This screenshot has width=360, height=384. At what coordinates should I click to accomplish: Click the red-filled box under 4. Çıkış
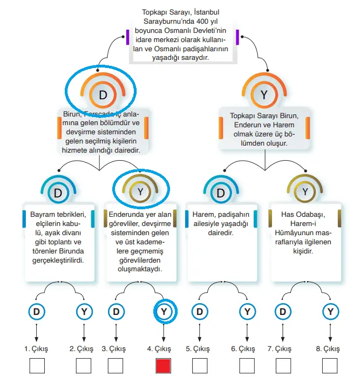164,366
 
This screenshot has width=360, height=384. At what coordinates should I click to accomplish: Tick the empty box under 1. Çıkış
37,366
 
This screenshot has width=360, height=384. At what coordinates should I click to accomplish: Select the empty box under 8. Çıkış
330,366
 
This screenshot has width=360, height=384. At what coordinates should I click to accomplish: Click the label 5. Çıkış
197,349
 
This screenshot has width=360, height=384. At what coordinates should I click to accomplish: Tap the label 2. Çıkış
81,349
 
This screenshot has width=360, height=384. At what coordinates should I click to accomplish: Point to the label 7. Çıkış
279,349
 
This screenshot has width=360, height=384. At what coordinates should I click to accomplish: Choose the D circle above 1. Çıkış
37,311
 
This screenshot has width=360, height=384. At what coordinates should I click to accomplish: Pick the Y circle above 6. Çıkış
247,311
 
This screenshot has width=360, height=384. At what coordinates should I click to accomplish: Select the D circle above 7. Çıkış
282,311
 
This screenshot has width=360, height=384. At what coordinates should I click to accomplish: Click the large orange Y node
264,95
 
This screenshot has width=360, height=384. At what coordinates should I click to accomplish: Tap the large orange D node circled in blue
103,95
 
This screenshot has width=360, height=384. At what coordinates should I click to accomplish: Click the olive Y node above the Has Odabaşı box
305,191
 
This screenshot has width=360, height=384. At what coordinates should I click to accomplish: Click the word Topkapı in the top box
154,11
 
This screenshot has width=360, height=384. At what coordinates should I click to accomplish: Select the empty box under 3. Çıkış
116,366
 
